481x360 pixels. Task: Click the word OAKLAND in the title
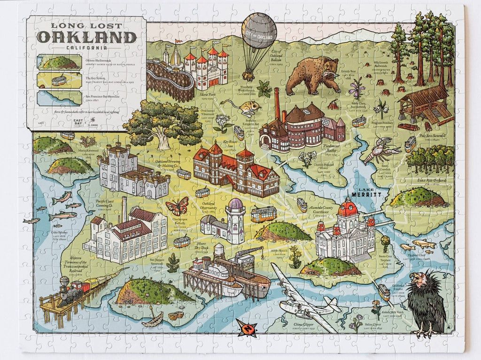point(87,37)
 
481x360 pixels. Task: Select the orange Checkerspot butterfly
point(177,206)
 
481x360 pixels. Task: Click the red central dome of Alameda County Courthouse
point(348,207)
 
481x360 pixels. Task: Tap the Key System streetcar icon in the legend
point(59,80)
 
